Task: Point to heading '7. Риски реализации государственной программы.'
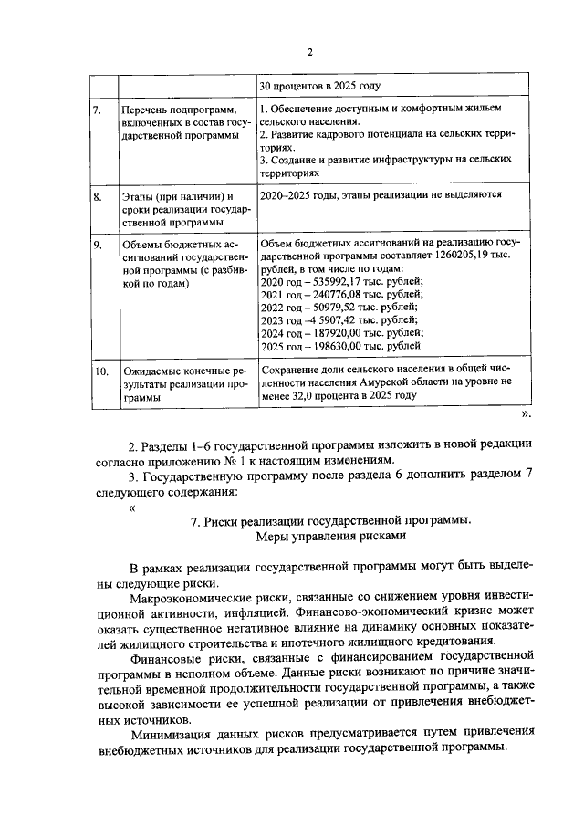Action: (329, 521)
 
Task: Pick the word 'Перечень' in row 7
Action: (146, 110)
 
